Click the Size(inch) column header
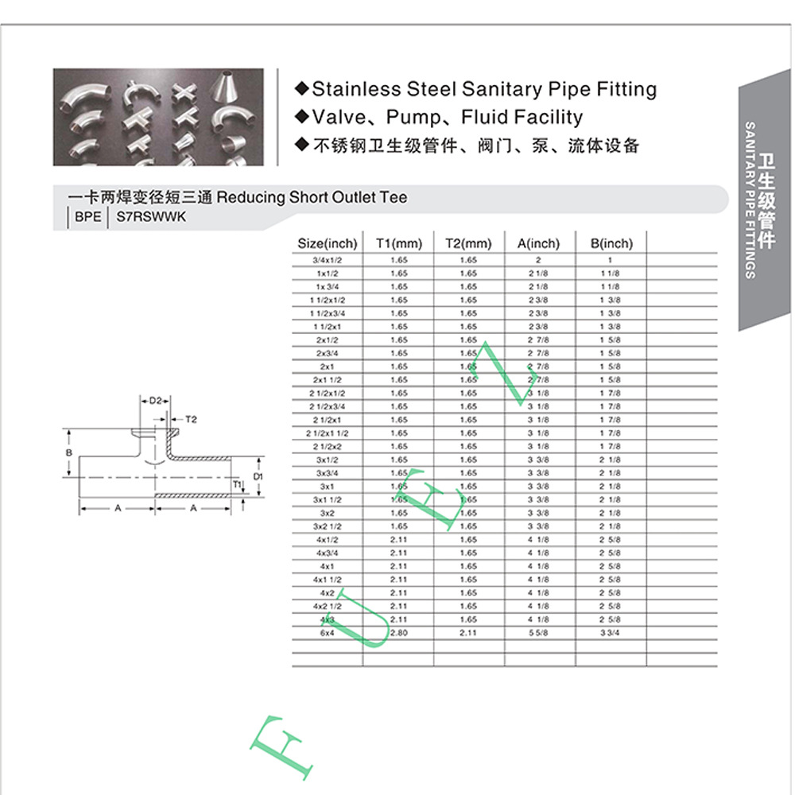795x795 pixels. click(x=328, y=243)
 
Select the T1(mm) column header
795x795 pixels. click(x=398, y=243)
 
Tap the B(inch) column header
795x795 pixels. click(x=611, y=243)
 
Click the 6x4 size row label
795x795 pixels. click(x=328, y=633)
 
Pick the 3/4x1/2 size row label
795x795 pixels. click(x=328, y=260)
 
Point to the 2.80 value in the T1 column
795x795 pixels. click(x=398, y=633)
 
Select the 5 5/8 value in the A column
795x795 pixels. click(x=538, y=633)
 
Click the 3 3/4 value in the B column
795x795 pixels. click(x=611, y=633)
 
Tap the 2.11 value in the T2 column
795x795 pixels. click(x=468, y=633)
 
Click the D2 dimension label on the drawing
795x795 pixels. click(x=156, y=401)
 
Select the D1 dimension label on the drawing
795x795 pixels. click(x=258, y=476)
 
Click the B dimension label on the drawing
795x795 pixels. click(x=70, y=452)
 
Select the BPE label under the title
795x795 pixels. click(x=83, y=215)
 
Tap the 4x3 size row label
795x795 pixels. click(x=328, y=619)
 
